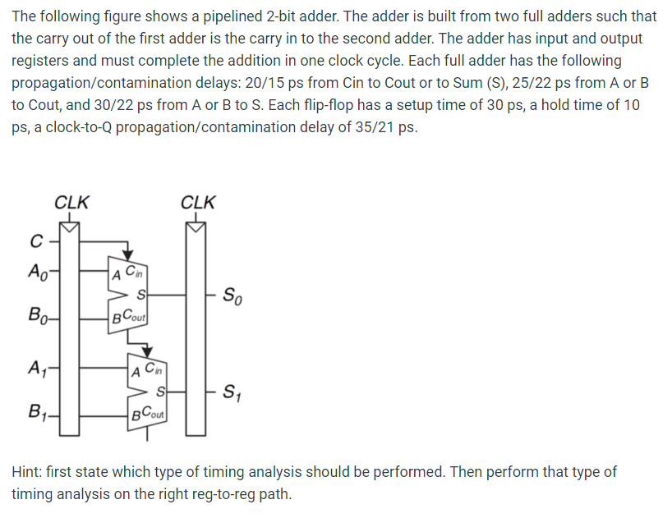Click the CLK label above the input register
71,202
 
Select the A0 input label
37,270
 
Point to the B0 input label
37,314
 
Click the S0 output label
233,293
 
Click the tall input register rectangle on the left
71,328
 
